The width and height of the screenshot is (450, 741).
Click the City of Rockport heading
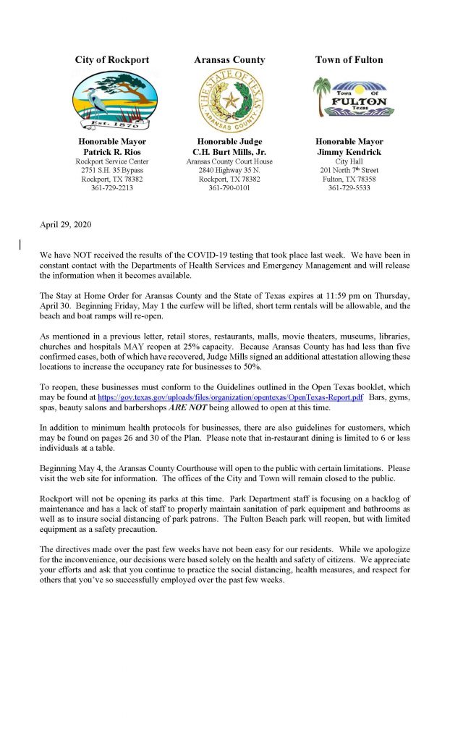[111, 60]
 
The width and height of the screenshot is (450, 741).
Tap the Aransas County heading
[229, 60]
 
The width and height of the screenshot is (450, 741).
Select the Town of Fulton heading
[349, 60]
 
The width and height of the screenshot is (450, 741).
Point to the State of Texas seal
[230, 101]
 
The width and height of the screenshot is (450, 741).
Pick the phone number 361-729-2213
[112, 188]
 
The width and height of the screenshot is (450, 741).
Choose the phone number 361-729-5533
[349, 188]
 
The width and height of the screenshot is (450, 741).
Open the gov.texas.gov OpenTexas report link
[230, 398]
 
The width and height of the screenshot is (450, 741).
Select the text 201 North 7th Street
[349, 169]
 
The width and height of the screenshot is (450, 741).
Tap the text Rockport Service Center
[112, 160]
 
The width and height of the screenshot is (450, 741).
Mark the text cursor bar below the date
[21, 245]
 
